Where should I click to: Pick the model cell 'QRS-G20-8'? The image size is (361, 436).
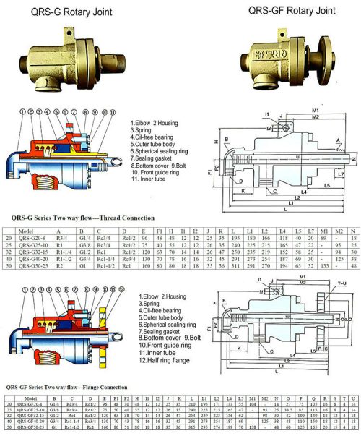click(x=35, y=237)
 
